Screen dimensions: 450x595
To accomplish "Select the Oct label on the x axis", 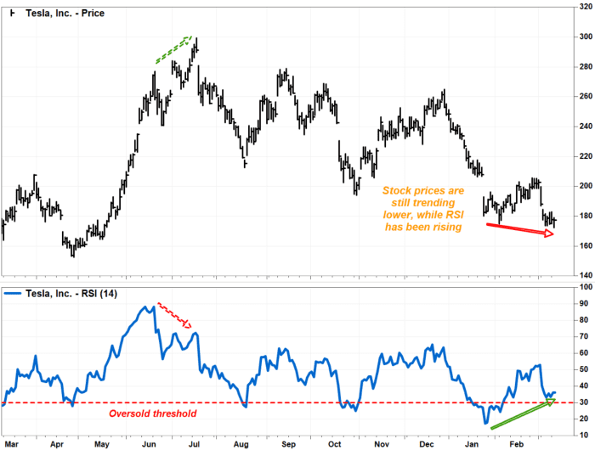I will click(x=336, y=443).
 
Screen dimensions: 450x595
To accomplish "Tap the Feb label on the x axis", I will click(x=516, y=443).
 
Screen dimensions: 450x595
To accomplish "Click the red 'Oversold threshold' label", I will click(x=152, y=413).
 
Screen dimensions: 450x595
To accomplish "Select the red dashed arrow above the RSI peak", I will click(x=176, y=315).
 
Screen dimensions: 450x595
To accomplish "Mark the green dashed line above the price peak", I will click(x=173, y=49).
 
